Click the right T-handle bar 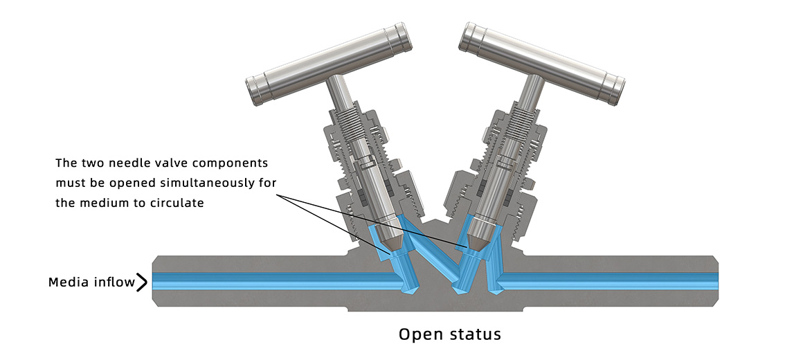(542, 63)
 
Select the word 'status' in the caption (474, 334)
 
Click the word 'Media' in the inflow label (68, 282)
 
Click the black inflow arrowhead (142, 282)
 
